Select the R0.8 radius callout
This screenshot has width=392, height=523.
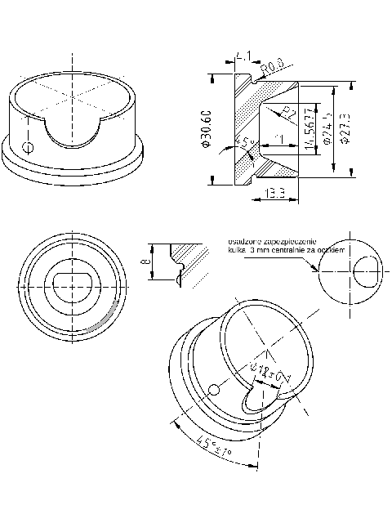272,63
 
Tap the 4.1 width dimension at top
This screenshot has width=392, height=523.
243,56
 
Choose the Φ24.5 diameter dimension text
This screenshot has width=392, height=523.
326,128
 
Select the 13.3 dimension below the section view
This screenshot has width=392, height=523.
275,194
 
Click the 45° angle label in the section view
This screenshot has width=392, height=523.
243,144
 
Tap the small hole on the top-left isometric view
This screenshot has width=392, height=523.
29,148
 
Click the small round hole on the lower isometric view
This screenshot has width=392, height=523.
215,390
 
